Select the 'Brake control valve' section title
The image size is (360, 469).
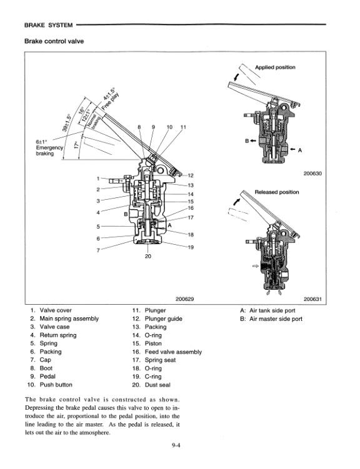pyautogui.click(x=54, y=41)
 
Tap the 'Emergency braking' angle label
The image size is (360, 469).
pyautogui.click(x=49, y=148)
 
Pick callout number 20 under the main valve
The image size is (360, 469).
pyautogui.click(x=147, y=256)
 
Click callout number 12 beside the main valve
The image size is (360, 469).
pyautogui.click(x=191, y=175)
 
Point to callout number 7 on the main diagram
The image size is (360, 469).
pyautogui.click(x=97, y=250)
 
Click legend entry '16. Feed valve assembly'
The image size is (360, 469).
pyautogui.click(x=167, y=352)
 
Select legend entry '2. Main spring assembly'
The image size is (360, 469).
pyautogui.click(x=64, y=318)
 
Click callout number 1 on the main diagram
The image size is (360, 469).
pyautogui.click(x=97, y=177)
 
